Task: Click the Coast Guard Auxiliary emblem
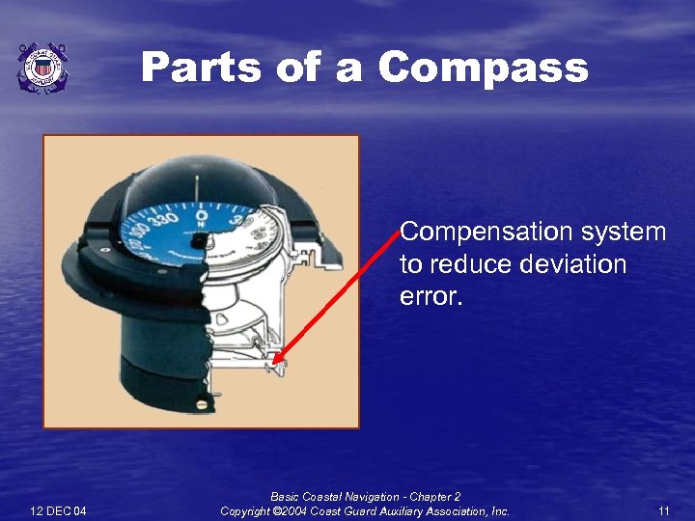tap(42, 68)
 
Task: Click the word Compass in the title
tap(484, 69)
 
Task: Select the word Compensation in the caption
tap(481, 233)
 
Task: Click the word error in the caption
tap(431, 296)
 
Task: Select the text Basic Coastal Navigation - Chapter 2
tap(366, 497)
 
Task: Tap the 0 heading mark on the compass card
tap(202, 205)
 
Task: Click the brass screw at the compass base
tap(201, 404)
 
